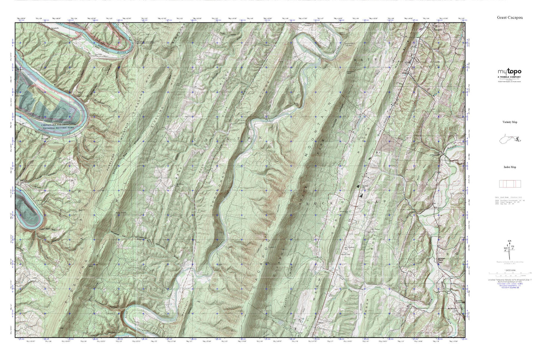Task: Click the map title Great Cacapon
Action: click(x=510, y=18)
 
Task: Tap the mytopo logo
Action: click(x=509, y=72)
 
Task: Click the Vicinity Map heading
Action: click(x=510, y=122)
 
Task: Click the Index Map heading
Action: click(x=510, y=167)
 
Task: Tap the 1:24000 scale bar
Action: click(x=510, y=275)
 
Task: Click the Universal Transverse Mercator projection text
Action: click(x=510, y=280)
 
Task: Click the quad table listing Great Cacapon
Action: click(x=510, y=200)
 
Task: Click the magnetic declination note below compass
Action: click(x=510, y=264)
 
